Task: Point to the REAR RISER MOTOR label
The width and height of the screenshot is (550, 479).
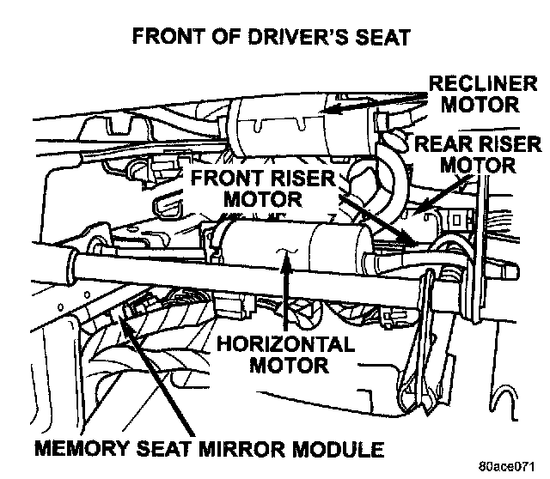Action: coord(478,152)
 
